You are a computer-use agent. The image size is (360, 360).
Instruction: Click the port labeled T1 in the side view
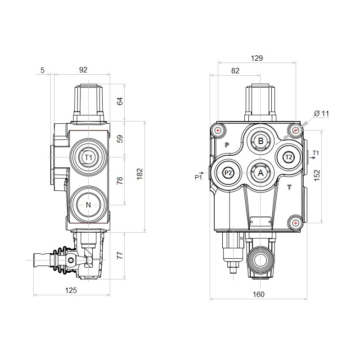coord(89,157)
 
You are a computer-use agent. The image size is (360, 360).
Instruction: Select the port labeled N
coord(89,205)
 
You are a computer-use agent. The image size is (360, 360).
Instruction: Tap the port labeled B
coord(261,141)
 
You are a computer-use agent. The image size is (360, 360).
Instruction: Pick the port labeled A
coord(261,172)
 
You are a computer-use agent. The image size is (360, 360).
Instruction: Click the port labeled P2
coord(228,173)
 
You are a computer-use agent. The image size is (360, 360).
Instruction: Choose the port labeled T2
coord(289,157)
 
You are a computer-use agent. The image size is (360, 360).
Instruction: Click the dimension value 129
coord(256,58)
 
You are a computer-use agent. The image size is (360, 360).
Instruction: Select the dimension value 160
coord(258,294)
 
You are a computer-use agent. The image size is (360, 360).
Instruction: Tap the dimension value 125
coord(71,291)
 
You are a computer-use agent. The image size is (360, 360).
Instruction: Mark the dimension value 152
coord(317,175)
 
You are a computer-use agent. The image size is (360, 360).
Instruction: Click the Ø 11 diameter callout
coord(322,114)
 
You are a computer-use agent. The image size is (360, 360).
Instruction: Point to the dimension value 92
coord(83,69)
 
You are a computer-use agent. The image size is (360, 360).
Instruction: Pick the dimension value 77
coord(120,256)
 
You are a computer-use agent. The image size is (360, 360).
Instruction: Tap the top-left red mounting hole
coord(218,131)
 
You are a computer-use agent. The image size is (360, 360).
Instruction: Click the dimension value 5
coord(42,69)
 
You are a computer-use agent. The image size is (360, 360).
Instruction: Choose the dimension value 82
coord(235,71)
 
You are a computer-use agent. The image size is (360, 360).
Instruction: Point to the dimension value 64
coord(120,101)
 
